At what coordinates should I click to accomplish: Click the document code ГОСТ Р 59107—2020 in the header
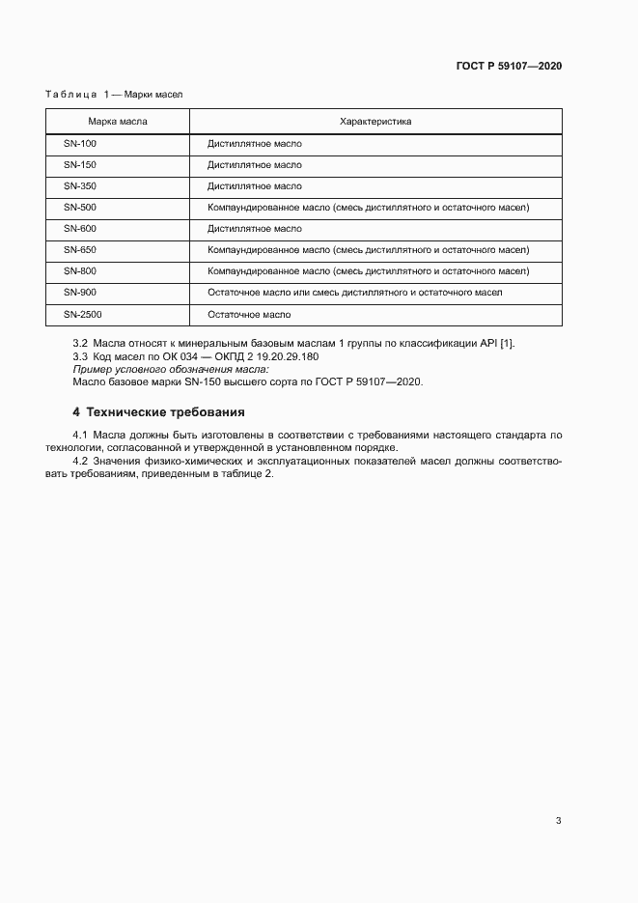[x=509, y=67]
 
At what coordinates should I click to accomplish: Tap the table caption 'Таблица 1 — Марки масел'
[x=114, y=95]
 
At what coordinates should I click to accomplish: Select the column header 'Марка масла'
[x=118, y=122]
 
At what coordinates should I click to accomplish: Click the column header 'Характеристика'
[x=375, y=122]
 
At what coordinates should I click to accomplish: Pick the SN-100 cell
[x=80, y=144]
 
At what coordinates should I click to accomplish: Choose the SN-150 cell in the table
[x=80, y=165]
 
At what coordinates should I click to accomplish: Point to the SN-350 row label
[x=80, y=186]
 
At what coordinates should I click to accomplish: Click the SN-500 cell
[x=80, y=208]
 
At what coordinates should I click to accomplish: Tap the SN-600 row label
[x=80, y=229]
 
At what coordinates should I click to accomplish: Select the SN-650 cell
[x=80, y=250]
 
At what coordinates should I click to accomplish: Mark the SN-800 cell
[x=80, y=271]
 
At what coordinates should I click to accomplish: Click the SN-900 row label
[x=80, y=293]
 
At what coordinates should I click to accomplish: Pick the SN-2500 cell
[x=82, y=315]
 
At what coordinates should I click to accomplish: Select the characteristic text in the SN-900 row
[x=354, y=293]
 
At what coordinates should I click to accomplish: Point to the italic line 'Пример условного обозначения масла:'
[x=171, y=369]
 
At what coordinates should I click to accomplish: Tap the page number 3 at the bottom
[x=558, y=821]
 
